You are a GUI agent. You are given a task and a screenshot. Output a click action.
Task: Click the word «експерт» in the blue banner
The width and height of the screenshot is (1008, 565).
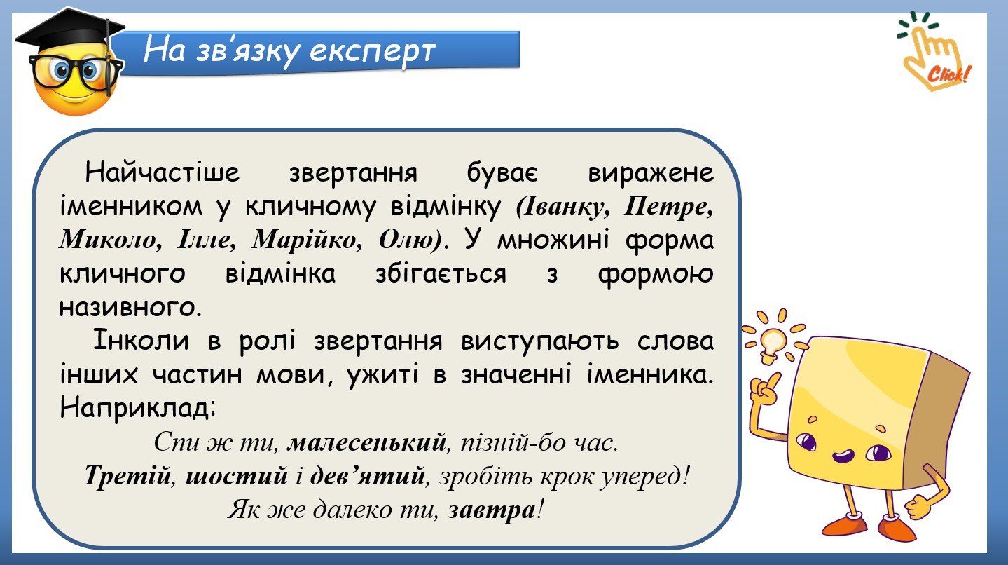click(373, 52)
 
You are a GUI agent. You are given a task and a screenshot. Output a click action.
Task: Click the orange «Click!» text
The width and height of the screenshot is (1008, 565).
click(949, 74)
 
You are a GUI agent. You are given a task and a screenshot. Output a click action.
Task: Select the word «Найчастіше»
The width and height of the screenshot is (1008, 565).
click(163, 172)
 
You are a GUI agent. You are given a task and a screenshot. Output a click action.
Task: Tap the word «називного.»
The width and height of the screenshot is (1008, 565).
click(130, 308)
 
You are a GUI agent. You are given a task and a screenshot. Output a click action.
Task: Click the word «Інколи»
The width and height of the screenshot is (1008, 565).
click(141, 341)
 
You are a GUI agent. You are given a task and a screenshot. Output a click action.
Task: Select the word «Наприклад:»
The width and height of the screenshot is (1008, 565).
click(138, 409)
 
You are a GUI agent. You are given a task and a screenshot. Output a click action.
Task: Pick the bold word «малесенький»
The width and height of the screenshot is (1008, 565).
click(367, 442)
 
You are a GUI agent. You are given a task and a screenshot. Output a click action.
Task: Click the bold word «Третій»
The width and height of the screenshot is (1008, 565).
click(127, 476)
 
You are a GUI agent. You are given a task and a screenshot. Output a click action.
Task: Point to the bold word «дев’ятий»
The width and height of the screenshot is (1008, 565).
click(368, 476)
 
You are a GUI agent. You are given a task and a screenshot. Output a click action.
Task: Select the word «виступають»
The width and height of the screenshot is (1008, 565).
click(540, 341)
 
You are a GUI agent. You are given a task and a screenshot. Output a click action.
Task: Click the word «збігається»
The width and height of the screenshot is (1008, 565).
click(441, 274)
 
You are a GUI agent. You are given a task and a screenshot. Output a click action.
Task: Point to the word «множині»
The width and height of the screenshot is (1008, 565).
click(553, 240)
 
